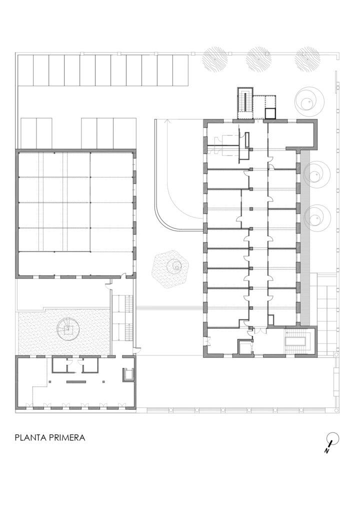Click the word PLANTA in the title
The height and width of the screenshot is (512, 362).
30,437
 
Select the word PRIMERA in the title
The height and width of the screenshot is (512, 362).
67,437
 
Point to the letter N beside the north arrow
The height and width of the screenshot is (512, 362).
326,450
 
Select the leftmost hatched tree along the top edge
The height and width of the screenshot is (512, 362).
214,60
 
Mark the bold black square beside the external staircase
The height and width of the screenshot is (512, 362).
270,113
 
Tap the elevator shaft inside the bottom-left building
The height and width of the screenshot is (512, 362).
127,375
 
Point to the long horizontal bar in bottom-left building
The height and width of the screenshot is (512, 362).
76,381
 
